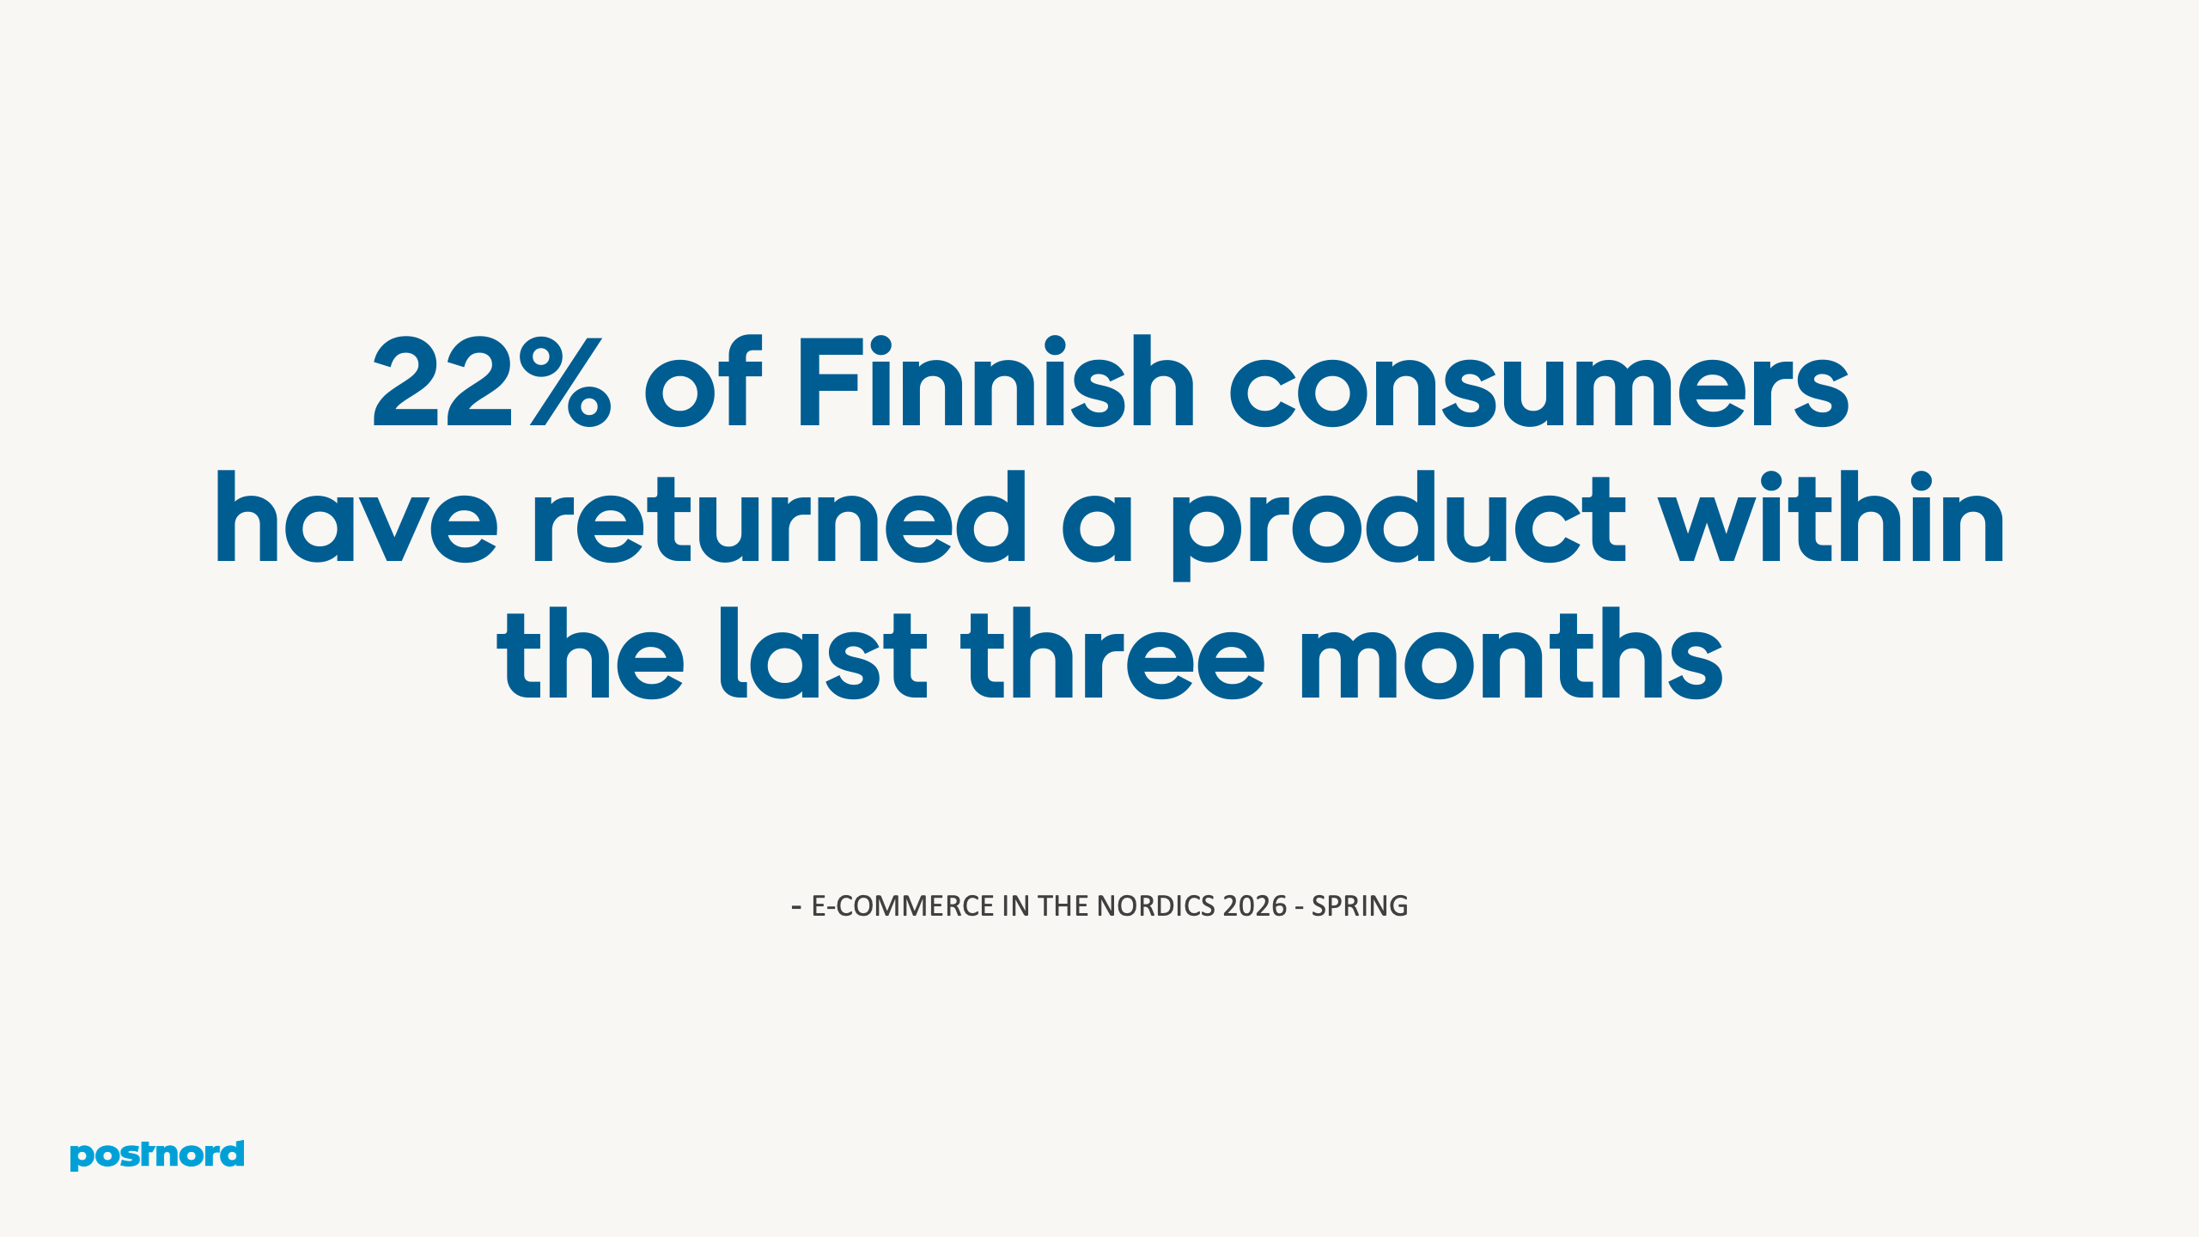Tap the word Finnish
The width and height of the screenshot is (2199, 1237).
coord(996,383)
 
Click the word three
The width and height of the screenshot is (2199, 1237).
coord(1113,655)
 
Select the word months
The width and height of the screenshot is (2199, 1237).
coord(1512,655)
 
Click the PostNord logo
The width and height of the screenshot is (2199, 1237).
coord(157,1155)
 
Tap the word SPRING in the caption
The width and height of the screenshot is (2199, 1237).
coord(1360,906)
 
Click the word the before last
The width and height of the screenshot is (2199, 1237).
coord(591,655)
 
